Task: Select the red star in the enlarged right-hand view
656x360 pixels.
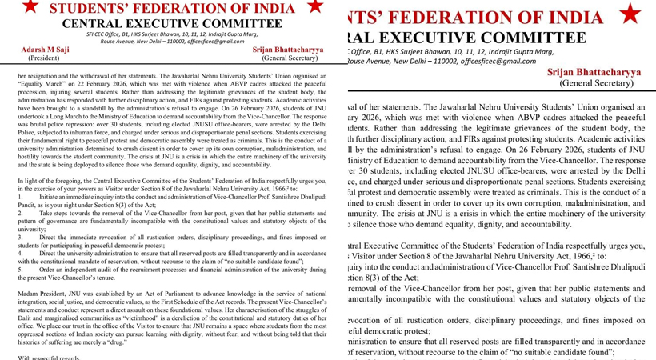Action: click(630, 14)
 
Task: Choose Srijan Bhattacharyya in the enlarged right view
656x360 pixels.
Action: click(594, 72)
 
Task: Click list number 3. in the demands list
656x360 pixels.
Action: click(19, 238)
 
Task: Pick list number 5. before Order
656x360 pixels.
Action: click(19, 268)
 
